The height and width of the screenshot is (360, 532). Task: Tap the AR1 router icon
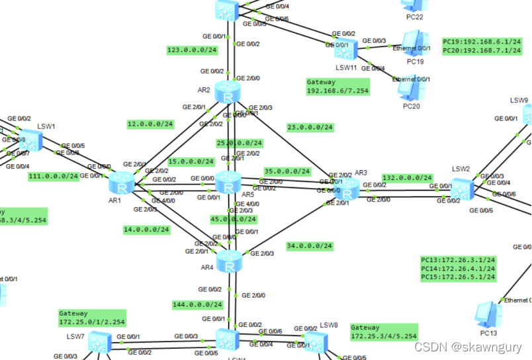pos(122,181)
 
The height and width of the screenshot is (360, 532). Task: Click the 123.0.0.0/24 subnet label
pos(191,50)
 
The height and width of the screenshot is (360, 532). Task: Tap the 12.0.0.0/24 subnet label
pos(150,124)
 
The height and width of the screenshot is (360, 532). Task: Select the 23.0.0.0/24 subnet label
pos(310,127)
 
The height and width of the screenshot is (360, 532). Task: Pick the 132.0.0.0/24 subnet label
pos(408,178)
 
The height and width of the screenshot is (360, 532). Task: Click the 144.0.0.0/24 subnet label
pos(198,305)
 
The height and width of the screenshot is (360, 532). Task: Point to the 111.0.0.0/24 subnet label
pos(54,177)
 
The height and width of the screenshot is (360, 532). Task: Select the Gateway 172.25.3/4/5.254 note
pos(383,332)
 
